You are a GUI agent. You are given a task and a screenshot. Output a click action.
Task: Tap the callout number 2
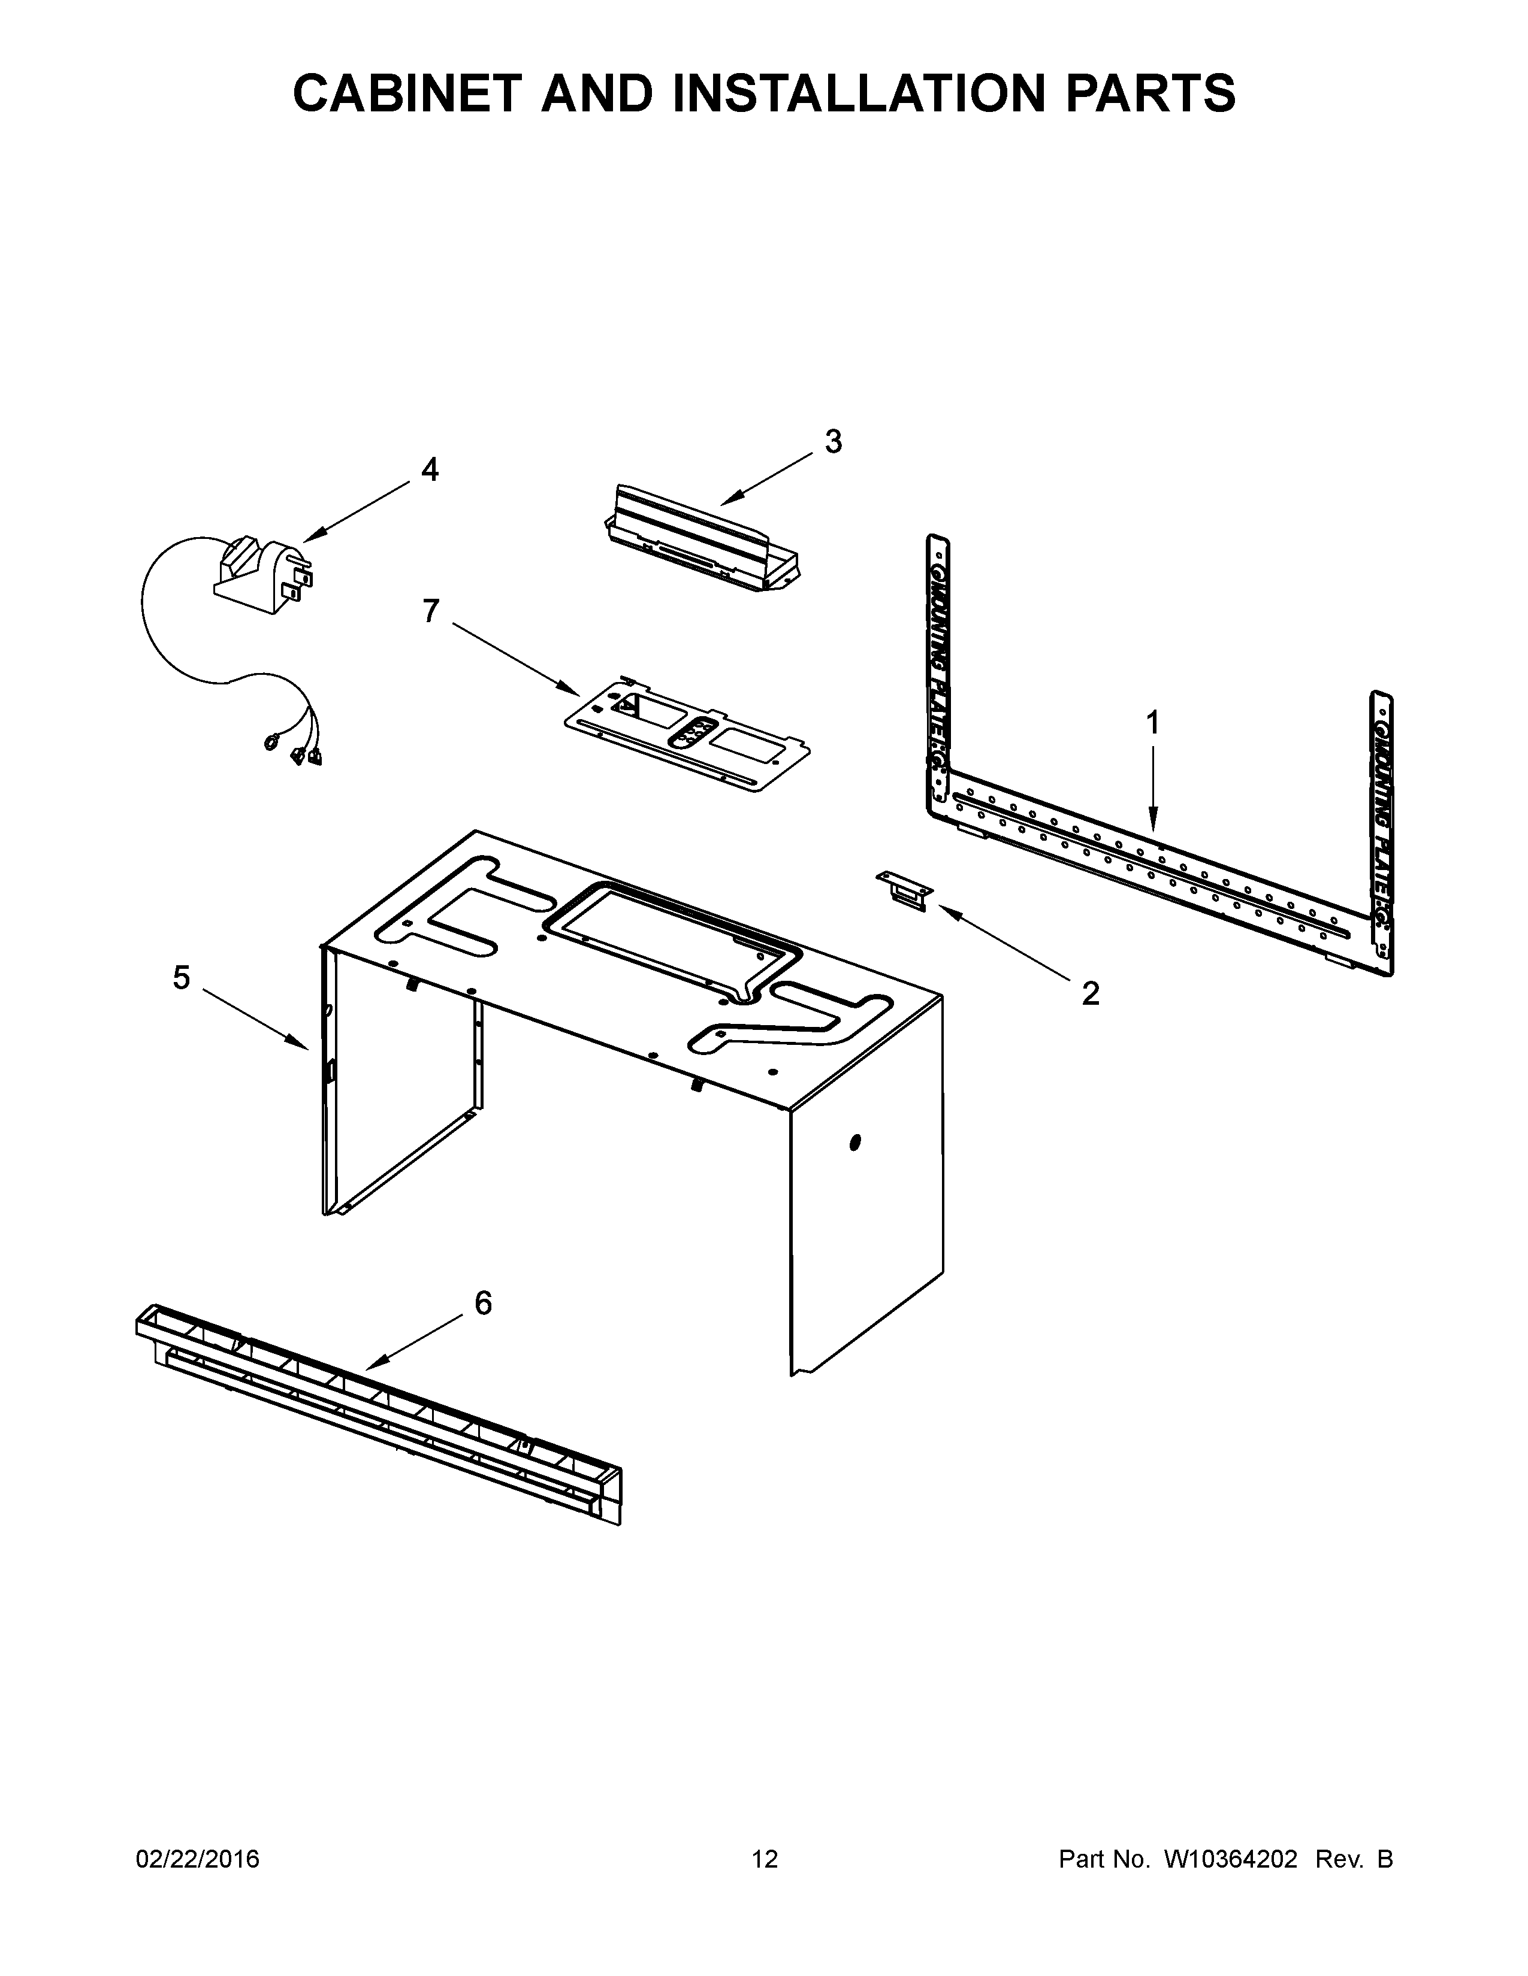point(1090,993)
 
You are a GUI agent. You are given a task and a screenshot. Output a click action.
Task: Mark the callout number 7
point(431,611)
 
